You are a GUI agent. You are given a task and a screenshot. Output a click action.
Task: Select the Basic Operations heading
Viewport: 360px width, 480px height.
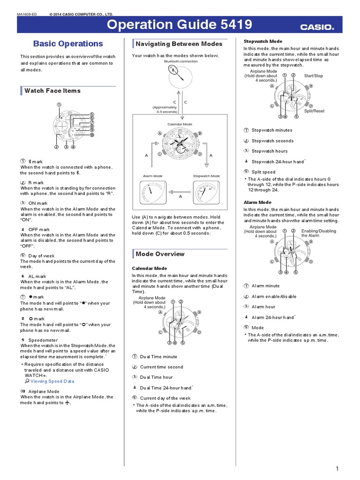point(68,44)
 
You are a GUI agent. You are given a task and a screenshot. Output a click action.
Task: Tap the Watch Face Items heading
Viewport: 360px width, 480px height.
point(52,90)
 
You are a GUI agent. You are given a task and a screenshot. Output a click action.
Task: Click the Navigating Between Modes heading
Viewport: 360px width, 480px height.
point(179,44)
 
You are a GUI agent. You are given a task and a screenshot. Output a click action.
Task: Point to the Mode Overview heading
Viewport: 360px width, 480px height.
point(160,254)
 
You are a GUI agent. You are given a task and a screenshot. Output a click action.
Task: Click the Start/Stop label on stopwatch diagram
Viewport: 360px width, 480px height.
point(313,75)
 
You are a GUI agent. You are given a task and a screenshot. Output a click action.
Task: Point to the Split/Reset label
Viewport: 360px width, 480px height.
point(314,111)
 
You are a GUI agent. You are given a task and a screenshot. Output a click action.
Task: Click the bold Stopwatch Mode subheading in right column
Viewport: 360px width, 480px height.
point(262,41)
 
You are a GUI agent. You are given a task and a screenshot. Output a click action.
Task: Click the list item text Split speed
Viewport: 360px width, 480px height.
point(263,172)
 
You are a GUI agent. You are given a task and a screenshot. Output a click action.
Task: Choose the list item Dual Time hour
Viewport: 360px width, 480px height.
point(156,377)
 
